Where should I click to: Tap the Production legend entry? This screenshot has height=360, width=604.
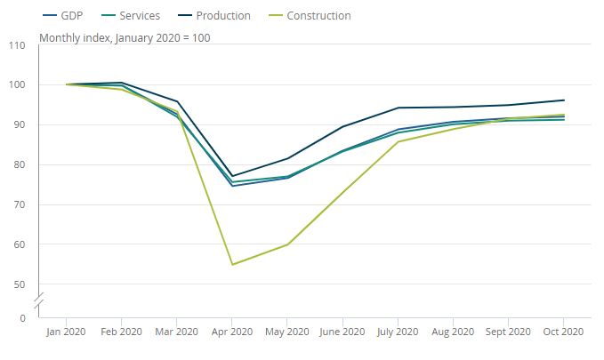(x=221, y=16)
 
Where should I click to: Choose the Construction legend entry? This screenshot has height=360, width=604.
(x=317, y=16)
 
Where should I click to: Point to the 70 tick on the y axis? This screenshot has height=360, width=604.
(x=20, y=204)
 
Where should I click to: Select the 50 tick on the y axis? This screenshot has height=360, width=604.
(x=20, y=284)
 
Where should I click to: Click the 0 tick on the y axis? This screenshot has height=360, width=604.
(x=22, y=317)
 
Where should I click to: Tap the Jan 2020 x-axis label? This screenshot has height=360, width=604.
(x=67, y=332)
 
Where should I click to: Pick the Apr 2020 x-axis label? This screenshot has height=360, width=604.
(x=231, y=332)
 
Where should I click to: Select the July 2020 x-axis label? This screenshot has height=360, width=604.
(x=397, y=332)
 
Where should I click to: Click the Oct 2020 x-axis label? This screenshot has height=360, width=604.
(x=562, y=332)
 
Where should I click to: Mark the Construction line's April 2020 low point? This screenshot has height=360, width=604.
(x=231, y=264)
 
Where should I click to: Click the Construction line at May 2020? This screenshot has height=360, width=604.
(x=286, y=244)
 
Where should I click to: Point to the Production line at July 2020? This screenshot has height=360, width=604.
(x=397, y=108)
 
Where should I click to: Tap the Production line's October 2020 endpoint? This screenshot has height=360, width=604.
(x=563, y=100)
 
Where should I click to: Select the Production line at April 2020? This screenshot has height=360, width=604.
(x=231, y=176)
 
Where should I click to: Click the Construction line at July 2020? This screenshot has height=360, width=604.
(x=397, y=141)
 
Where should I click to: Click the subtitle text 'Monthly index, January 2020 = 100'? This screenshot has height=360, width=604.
(x=125, y=38)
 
